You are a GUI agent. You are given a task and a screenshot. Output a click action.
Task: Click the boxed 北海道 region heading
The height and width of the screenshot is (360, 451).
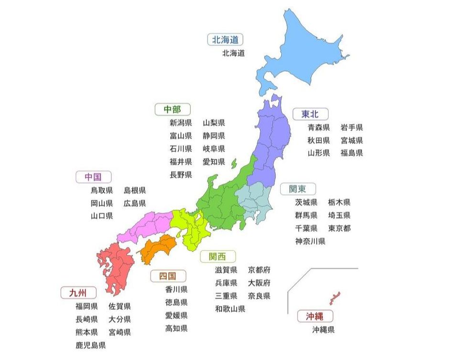[x=225, y=39]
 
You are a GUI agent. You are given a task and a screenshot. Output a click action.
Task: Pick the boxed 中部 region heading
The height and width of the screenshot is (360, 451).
[x=173, y=109]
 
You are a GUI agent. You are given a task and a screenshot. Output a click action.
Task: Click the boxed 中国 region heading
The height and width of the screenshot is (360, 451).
[x=93, y=177]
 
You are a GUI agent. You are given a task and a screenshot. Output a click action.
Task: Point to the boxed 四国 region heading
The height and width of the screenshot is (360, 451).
[x=168, y=276]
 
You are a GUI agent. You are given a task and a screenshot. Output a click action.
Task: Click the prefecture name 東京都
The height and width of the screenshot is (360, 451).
[x=340, y=228]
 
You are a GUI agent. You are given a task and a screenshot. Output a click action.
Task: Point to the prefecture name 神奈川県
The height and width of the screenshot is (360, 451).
[x=310, y=241]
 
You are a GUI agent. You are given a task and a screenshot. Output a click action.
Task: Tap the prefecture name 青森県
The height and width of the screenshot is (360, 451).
[x=319, y=128]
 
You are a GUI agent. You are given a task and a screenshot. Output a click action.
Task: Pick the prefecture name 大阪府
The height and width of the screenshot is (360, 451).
[x=259, y=283]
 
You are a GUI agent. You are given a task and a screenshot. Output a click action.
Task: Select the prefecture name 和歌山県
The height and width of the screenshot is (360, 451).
[x=230, y=309]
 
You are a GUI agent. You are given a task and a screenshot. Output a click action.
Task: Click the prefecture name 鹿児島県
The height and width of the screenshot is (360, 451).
[x=90, y=345]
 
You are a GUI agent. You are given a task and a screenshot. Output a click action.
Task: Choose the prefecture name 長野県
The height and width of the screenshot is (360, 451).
[x=181, y=175]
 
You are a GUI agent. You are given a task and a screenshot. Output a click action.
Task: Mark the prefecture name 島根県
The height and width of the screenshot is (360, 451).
[x=135, y=190]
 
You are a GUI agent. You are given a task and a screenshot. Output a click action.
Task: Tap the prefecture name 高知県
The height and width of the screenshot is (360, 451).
[x=176, y=328]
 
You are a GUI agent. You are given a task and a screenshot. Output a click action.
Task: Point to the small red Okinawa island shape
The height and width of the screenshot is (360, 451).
[x=333, y=297]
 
